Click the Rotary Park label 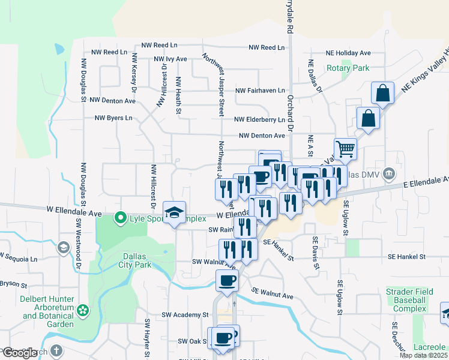tap(348, 68)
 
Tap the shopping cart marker tap(345, 148)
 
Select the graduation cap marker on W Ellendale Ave tap(174, 212)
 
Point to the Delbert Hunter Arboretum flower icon tap(83, 311)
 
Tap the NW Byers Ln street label tap(113, 118)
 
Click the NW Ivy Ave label tap(170, 59)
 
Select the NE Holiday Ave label tap(348, 53)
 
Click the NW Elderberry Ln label tap(259, 120)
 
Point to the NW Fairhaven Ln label tap(260, 91)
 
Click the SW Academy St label tap(185, 314)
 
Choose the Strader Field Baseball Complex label tap(410, 300)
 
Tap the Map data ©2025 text tap(423, 355)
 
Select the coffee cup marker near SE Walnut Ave tap(227, 281)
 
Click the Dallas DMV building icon tap(389, 174)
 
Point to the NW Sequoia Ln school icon tap(63, 247)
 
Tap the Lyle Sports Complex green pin tap(121, 218)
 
